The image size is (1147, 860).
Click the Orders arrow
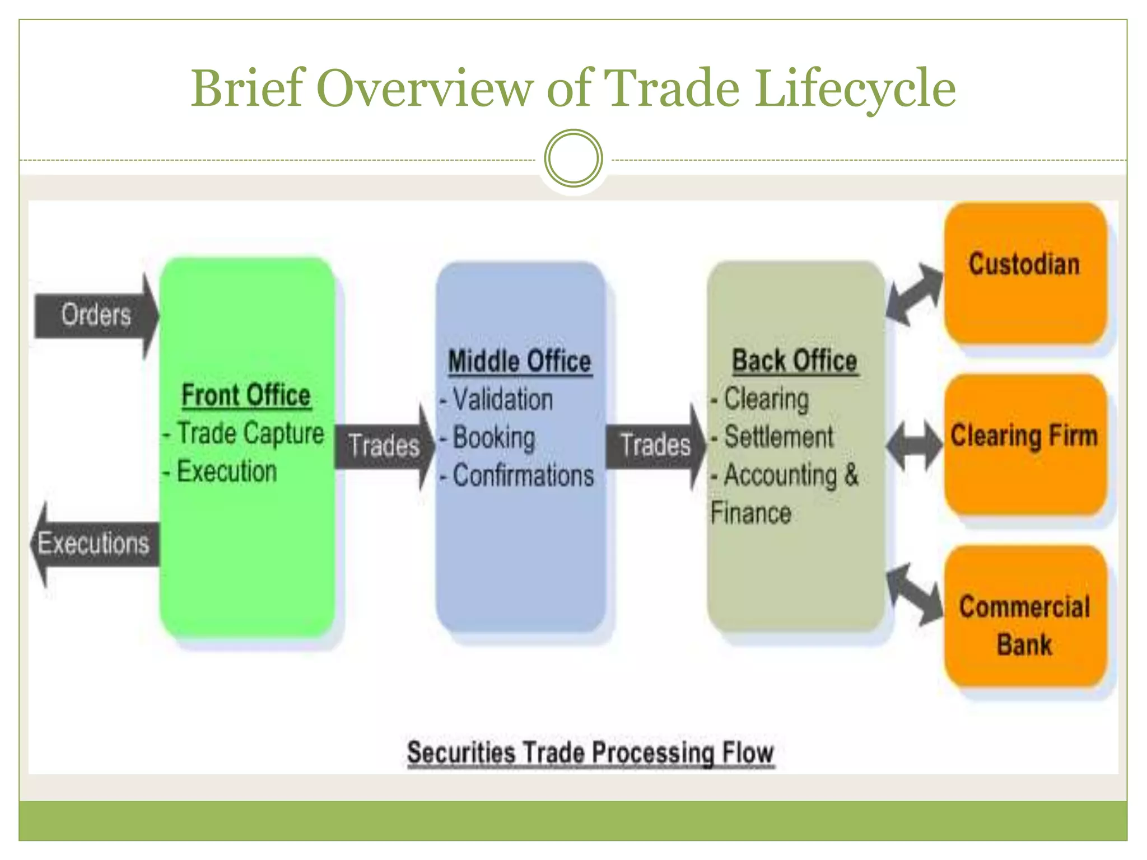[x=95, y=315]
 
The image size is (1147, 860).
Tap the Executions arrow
[x=94, y=544]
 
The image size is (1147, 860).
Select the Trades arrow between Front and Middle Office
[x=384, y=446]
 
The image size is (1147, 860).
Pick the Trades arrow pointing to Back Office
[x=655, y=446]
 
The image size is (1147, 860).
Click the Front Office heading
[x=246, y=395]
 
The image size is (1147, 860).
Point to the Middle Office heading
[x=520, y=361]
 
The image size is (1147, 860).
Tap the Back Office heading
[x=795, y=361]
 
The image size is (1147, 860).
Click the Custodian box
[x=1025, y=273]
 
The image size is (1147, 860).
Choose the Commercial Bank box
[x=1025, y=616]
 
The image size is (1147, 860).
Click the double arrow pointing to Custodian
[x=915, y=295]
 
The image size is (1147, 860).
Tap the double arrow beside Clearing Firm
[x=915, y=445]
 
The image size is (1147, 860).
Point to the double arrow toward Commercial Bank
[x=915, y=594]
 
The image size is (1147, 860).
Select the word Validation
[x=502, y=400]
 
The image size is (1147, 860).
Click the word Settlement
[x=778, y=437]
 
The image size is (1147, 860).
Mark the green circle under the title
[x=573, y=158]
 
